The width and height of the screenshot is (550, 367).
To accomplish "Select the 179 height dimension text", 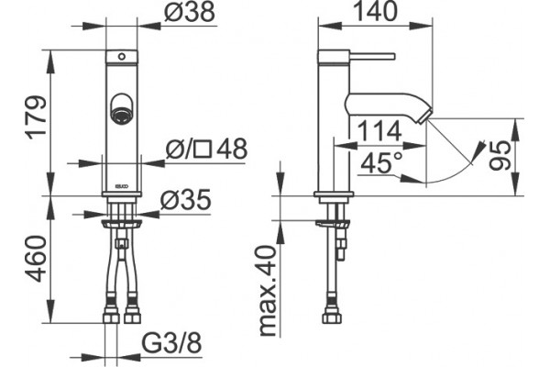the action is [x=38, y=117].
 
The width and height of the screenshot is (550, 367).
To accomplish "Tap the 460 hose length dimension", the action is [x=37, y=259].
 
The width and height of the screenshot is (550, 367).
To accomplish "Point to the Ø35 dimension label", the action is [x=186, y=200].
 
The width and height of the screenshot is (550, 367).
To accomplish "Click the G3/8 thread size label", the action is [x=172, y=343].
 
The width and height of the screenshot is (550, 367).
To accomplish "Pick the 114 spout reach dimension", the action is [x=379, y=131].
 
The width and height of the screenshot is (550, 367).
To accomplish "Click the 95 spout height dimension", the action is [x=500, y=155].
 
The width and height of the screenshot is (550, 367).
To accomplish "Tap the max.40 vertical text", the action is [x=269, y=291].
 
